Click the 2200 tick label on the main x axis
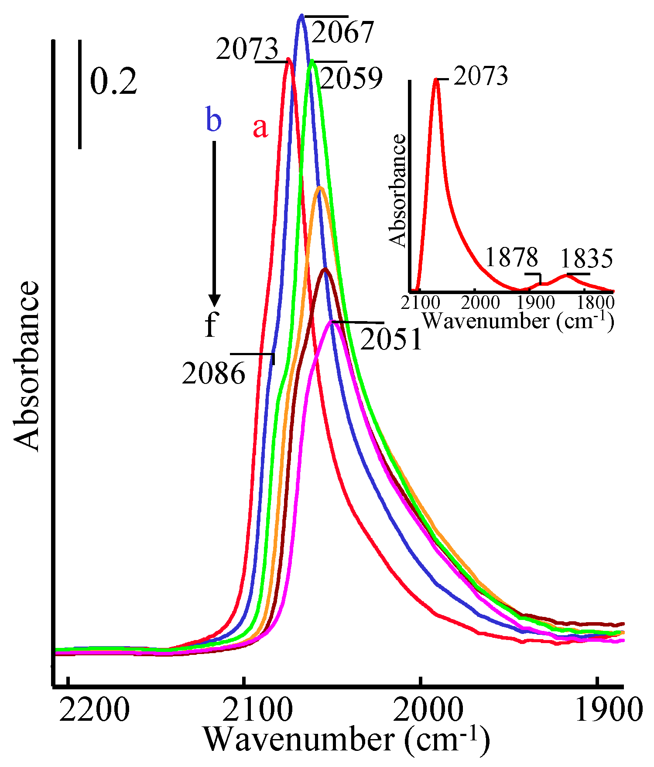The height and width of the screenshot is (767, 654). pyautogui.click(x=94, y=710)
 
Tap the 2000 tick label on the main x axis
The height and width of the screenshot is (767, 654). pyautogui.click(x=428, y=710)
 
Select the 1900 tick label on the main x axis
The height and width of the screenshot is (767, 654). pyautogui.click(x=609, y=710)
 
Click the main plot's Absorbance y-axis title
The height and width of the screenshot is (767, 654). pyautogui.click(x=27, y=366)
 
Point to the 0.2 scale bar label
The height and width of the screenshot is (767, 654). pyautogui.click(x=113, y=82)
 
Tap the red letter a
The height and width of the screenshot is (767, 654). pyautogui.click(x=260, y=128)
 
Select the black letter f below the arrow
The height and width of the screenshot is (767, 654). pyautogui.click(x=211, y=325)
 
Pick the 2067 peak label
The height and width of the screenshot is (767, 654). pyautogui.click(x=342, y=32)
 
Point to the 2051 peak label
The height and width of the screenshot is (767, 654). pyautogui.click(x=391, y=339)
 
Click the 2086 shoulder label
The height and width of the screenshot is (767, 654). pyautogui.click(x=214, y=374)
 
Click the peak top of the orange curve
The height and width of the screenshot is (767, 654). pyautogui.click(x=320, y=188)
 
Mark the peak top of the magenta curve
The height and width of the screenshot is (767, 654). pyautogui.click(x=332, y=322)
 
